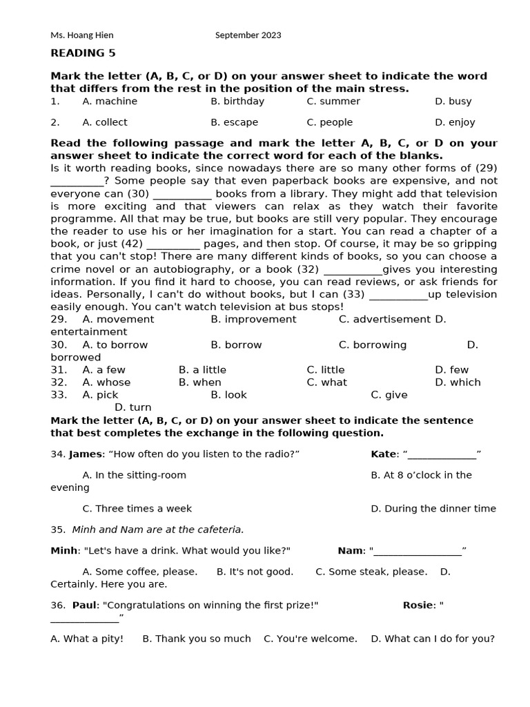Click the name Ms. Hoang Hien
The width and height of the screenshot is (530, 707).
pyautogui.click(x=82, y=35)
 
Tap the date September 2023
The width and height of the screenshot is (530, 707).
pyautogui.click(x=248, y=35)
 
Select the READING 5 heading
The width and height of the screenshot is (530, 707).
pyautogui.click(x=83, y=53)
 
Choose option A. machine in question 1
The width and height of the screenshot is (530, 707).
pyautogui.click(x=110, y=101)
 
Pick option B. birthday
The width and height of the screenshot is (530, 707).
pyautogui.click(x=237, y=101)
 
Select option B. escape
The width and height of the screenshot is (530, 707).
pyautogui.click(x=235, y=122)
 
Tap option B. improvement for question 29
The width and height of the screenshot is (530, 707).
pyautogui.click(x=253, y=319)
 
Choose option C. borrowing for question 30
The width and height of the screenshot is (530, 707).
pyautogui.click(x=373, y=345)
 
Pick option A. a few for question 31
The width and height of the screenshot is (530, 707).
pyautogui.click(x=104, y=369)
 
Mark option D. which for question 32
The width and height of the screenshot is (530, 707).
pyautogui.click(x=458, y=382)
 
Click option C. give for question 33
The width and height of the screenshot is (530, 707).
pyautogui.click(x=389, y=395)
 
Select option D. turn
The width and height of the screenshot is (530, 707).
pyautogui.click(x=132, y=407)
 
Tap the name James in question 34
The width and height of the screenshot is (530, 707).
pyautogui.click(x=85, y=454)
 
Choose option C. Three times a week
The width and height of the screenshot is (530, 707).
pyautogui.click(x=137, y=508)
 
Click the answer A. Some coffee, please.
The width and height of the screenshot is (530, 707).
pyautogui.click(x=139, y=572)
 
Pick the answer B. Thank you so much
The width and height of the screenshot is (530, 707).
pyautogui.click(x=197, y=639)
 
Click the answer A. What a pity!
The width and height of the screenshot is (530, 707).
pyautogui.click(x=87, y=639)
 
